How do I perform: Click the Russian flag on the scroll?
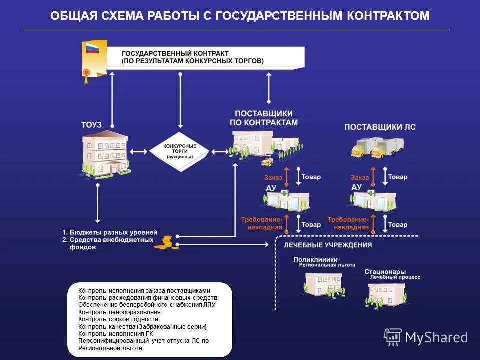click(93, 48)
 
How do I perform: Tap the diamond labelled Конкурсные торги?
click(180, 151)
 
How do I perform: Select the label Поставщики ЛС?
click(380, 127)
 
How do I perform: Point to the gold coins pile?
click(166, 242)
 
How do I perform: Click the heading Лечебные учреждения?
click(328, 245)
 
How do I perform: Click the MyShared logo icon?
click(393, 337)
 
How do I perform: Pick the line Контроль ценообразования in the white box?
click(119, 312)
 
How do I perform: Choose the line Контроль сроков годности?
click(118, 319)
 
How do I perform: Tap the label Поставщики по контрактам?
click(263, 118)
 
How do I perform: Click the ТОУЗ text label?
click(91, 124)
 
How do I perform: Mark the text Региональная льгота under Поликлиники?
click(327, 265)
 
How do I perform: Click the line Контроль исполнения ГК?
click(115, 333)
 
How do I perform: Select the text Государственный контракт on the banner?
click(175, 53)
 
